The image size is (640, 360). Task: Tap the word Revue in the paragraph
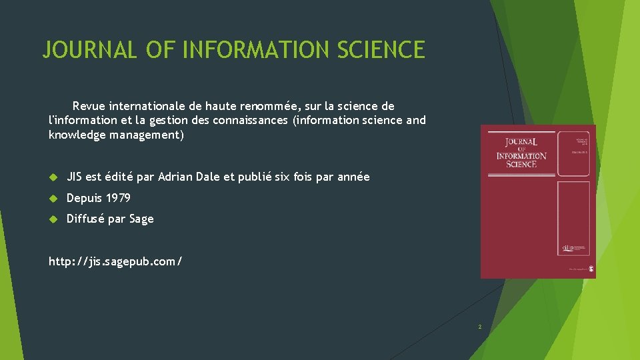coord(89,106)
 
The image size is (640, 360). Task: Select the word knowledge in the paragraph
coord(75,135)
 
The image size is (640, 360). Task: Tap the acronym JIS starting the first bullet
coord(75,177)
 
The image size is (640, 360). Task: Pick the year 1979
coord(118,198)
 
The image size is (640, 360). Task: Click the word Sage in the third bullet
coord(142,219)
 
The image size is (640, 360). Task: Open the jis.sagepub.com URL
coord(115,262)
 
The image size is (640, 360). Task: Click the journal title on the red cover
coord(521,153)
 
